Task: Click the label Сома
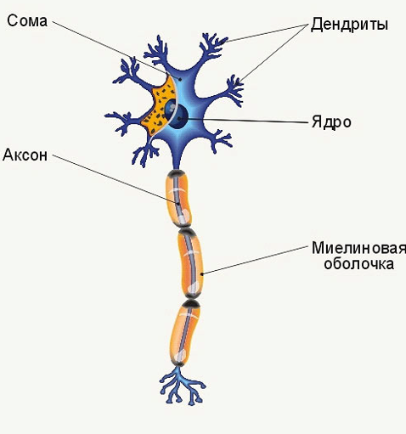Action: click(27, 21)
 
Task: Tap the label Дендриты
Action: click(349, 25)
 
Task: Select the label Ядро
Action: click(331, 122)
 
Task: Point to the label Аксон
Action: click(25, 155)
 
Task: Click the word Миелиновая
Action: click(358, 248)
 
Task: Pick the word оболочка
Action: click(358, 263)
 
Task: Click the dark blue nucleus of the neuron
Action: click(177, 114)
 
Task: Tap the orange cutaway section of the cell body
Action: click(159, 105)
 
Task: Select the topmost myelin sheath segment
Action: click(178, 199)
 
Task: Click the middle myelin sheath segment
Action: click(190, 263)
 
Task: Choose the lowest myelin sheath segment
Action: click(184, 333)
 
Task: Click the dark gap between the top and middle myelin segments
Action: click(186, 228)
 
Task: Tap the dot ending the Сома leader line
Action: click(179, 80)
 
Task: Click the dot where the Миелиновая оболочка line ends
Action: click(201, 273)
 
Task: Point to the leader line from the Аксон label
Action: click(116, 179)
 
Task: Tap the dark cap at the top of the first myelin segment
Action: click(177, 172)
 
